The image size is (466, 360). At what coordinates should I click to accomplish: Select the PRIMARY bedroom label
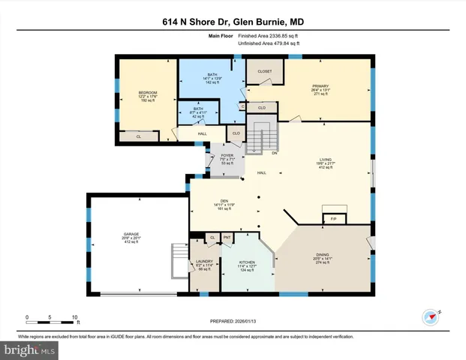pos(320,87)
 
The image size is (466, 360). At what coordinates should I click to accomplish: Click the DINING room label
pos(321,256)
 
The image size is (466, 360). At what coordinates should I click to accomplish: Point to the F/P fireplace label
pos(333,219)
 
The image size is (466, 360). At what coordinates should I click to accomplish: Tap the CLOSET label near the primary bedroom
pos(265,71)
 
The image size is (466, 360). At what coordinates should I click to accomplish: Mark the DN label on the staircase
pos(275,153)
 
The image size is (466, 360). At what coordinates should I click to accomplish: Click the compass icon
pos(430,316)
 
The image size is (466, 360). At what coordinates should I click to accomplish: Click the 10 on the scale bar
pos(74,316)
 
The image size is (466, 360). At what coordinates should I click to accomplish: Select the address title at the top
pos(233,21)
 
